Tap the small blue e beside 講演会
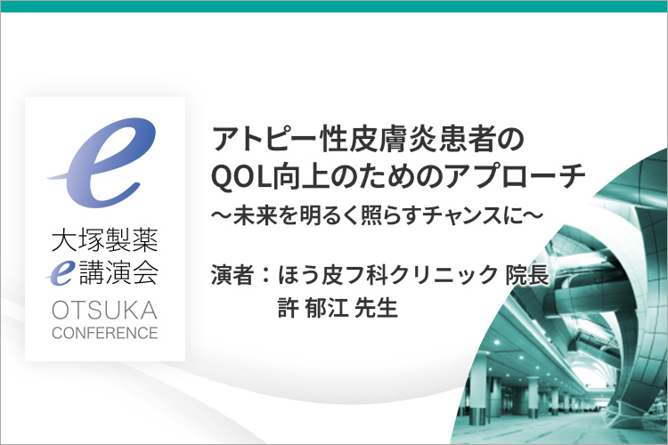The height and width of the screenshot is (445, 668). coord(61,273)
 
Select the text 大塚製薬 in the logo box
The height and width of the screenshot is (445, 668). coord(105,240)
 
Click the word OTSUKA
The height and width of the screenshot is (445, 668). coord(105,310)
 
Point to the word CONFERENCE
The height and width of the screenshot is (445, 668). coord(105,333)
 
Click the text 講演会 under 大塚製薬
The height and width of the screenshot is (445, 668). coord(118,272)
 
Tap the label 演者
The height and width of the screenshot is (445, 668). coord(232,275)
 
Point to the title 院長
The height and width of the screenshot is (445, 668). coord(527,275)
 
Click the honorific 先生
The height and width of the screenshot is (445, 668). coord(376,308)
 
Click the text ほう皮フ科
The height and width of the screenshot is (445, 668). coord(332,275)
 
